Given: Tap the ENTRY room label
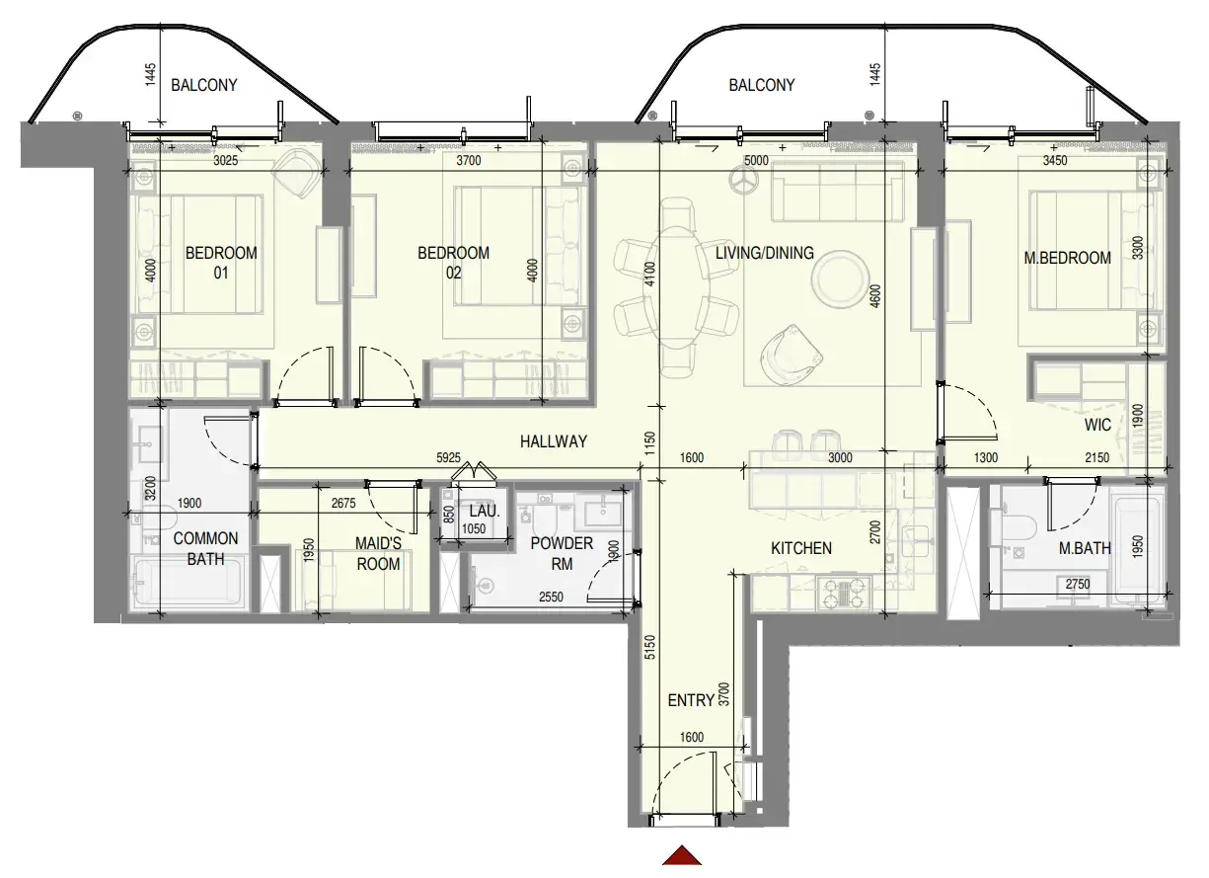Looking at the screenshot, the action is [692, 700].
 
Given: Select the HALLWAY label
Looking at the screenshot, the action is [554, 441].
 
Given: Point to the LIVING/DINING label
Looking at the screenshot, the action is [765, 253].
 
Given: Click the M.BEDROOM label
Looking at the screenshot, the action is [1068, 258].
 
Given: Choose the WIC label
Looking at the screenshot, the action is [1097, 425].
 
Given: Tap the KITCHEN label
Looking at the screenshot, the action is [801, 548].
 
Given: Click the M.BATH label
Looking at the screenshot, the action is [1085, 548].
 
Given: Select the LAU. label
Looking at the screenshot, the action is [485, 511].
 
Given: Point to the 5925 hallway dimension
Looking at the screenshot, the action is [448, 457].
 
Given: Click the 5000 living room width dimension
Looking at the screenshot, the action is [756, 160].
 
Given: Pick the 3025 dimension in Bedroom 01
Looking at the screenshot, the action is [226, 160].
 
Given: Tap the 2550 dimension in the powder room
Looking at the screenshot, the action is [551, 597].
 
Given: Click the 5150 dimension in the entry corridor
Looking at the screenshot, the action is [649, 647].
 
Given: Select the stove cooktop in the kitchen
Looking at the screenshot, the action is [843, 593].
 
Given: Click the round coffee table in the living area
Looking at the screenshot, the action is [840, 279].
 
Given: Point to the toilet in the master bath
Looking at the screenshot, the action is [1019, 527].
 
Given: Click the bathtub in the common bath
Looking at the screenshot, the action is [188, 582].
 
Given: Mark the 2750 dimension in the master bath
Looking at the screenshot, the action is [1078, 584].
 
